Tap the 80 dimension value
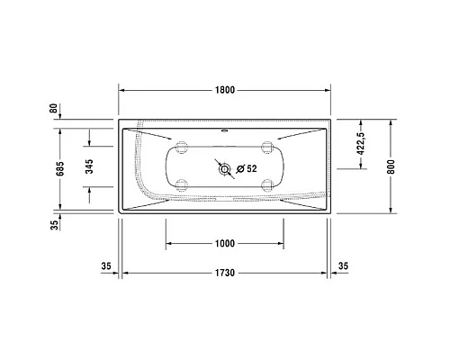coord(55,108)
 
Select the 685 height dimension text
coord(55,166)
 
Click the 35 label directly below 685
coord(55,225)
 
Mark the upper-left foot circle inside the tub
coord(183,148)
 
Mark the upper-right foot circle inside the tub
coord(266,148)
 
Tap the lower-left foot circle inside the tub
coord(183,186)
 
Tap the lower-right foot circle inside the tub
coord(266,186)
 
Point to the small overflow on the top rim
coord(225,128)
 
